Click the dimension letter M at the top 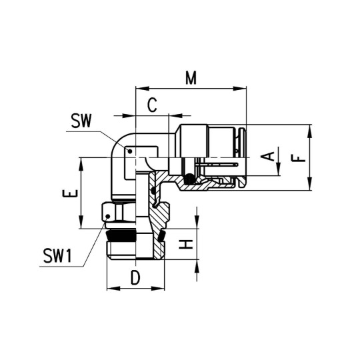191,78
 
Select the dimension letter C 152,105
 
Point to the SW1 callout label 58,255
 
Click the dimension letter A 268,157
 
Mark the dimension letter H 189,244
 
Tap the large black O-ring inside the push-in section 191,179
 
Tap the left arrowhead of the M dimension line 139,87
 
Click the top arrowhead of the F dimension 311,129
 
